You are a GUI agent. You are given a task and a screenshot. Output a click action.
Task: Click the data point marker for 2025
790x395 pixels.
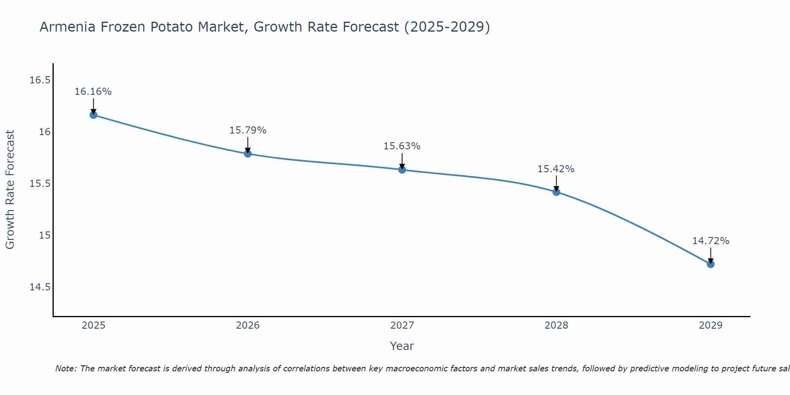click(93, 115)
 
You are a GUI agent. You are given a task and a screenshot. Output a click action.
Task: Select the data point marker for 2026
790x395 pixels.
click(248, 153)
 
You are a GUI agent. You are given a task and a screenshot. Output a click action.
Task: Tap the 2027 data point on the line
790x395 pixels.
click(402, 170)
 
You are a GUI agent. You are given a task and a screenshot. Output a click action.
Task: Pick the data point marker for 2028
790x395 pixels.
click(556, 192)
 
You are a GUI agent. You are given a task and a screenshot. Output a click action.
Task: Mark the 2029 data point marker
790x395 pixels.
click(711, 264)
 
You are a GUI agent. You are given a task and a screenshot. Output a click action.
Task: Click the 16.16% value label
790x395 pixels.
click(93, 92)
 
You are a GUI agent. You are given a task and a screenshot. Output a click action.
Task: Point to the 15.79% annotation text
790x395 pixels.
click(248, 130)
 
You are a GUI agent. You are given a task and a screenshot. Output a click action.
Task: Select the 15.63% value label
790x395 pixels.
click(402, 146)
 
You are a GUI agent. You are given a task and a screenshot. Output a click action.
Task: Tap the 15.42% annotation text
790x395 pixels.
click(556, 169)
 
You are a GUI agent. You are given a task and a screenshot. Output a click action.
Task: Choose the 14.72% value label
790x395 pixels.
click(711, 241)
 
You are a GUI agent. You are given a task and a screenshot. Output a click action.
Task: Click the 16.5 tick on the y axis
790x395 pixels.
click(40, 80)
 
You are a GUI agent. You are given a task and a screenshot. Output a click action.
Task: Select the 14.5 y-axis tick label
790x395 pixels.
click(40, 287)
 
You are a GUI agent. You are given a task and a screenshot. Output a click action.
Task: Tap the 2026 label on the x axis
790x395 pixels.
click(248, 325)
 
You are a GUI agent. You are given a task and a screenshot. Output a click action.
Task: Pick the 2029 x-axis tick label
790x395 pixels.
click(711, 325)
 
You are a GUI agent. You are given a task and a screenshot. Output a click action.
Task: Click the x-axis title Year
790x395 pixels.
click(402, 346)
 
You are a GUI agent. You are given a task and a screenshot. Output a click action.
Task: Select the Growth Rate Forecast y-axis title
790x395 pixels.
click(10, 190)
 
